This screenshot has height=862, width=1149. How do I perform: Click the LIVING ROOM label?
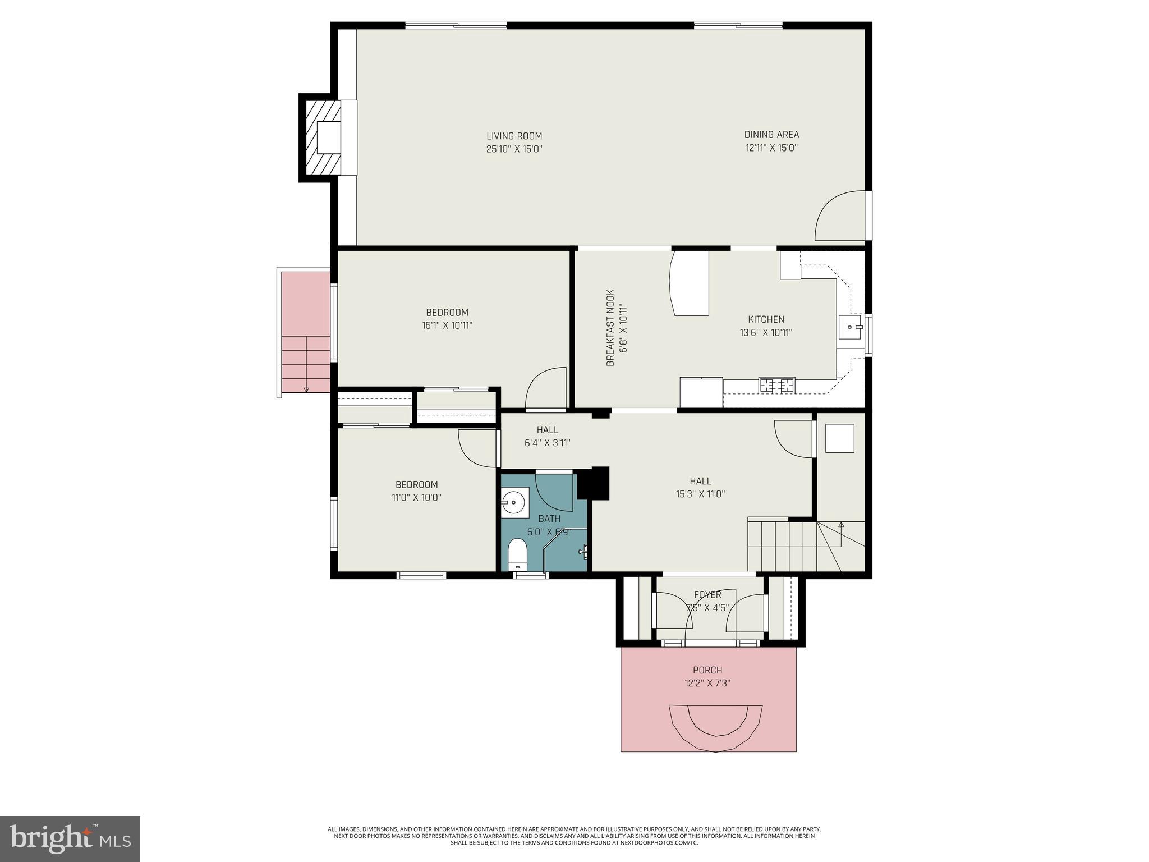coord(514,136)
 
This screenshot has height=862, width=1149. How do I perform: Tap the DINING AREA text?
coord(771,135)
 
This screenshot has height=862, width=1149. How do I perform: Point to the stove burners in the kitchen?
coord(776,386)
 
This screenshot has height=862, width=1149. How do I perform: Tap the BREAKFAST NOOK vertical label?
coord(611,328)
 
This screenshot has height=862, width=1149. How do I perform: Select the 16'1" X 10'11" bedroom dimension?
coord(447,325)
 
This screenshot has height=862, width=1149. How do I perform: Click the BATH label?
coord(549,519)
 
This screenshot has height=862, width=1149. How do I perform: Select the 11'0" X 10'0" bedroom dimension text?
coord(416,498)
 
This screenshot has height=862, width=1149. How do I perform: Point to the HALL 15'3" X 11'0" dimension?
coord(700,494)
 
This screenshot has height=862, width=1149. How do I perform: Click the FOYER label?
coord(707,595)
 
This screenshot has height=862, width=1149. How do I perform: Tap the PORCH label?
coord(707,670)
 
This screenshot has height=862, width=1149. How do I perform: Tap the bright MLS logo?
coord(70,838)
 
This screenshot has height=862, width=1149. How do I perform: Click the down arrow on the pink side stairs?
coord(306,388)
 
